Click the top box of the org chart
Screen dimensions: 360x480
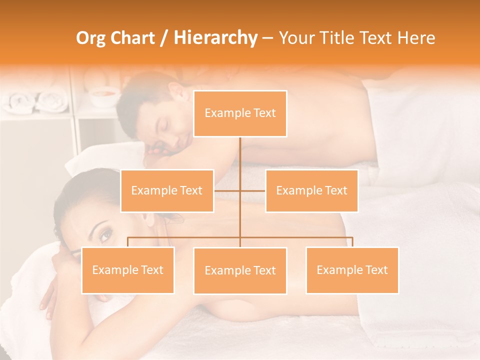tap(240, 113)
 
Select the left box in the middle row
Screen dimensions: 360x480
tap(167, 190)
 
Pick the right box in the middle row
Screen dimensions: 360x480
tap(311, 190)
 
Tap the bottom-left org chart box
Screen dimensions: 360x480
tap(128, 270)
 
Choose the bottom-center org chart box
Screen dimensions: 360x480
tap(240, 270)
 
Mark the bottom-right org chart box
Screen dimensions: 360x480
tap(352, 270)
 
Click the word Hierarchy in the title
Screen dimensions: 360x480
tap(215, 38)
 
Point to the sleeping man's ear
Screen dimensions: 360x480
tap(173, 92)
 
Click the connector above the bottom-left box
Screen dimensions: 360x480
tap(128, 241)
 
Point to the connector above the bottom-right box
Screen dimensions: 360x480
tap(352, 241)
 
